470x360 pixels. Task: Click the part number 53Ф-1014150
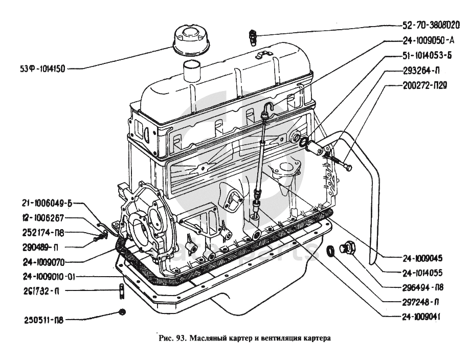(x=38, y=69)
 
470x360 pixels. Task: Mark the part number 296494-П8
(x=422, y=287)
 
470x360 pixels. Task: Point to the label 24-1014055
(x=422, y=273)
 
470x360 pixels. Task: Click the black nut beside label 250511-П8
(x=122, y=312)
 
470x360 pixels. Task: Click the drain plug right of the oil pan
(x=350, y=249)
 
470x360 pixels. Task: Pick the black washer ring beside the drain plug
(x=333, y=251)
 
